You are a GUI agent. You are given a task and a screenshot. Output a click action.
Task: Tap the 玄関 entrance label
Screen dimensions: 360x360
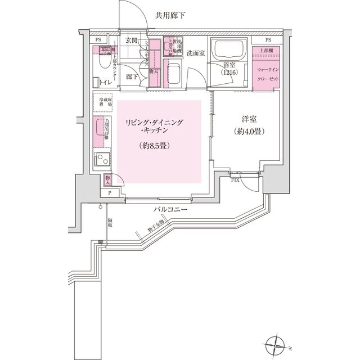coord(132,40)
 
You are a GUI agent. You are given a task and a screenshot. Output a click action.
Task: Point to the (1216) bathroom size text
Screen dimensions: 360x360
coord(229,74)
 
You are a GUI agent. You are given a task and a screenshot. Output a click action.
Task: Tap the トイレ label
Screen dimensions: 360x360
coord(105,83)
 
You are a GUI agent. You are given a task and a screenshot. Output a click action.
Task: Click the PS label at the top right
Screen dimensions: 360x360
coord(268,40)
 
